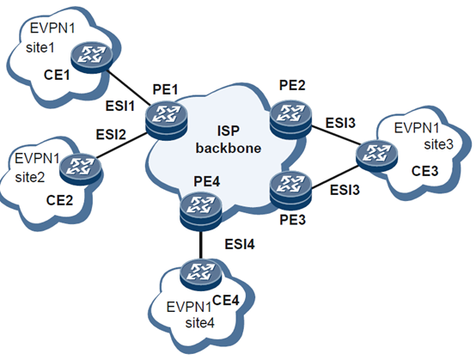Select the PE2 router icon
(289, 113)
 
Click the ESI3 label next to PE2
(341, 123)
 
